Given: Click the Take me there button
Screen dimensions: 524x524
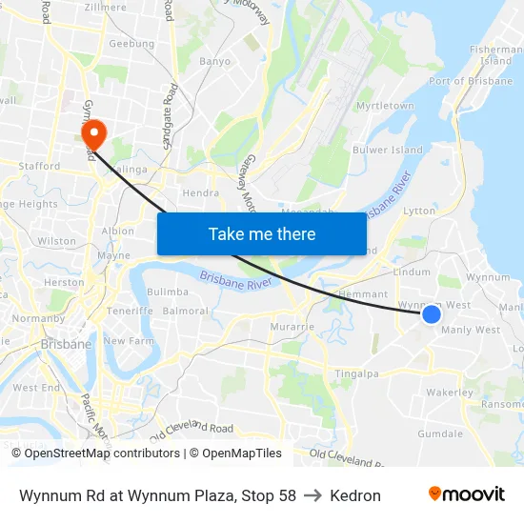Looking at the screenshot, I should coord(262,233).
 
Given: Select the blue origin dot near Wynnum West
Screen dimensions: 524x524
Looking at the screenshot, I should coord(431,313).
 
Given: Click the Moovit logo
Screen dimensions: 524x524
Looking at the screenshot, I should coord(466,494).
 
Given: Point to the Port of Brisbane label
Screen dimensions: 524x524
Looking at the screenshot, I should coord(472,81).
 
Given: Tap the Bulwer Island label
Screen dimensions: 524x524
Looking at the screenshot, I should coord(388,150).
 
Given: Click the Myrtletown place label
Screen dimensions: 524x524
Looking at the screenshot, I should coord(385,106).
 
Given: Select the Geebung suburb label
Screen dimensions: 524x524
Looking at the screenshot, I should coord(131,44).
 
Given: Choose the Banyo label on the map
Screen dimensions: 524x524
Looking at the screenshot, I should coord(215,61).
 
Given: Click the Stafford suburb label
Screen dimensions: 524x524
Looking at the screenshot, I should coord(40,166).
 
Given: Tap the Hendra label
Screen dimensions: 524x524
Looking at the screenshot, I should coord(200,192).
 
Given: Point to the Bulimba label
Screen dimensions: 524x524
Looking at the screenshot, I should coord(168,292).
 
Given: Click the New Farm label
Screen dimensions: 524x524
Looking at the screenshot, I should coord(129,340).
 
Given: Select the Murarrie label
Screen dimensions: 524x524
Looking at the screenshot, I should coord(292,327).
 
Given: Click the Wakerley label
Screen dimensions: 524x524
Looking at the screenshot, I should coord(450,393).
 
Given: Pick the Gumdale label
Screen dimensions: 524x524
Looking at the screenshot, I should coord(439,433).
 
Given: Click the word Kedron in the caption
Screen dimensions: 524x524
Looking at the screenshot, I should coord(355,495).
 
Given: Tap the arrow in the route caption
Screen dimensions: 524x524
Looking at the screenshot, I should coord(312,495).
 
